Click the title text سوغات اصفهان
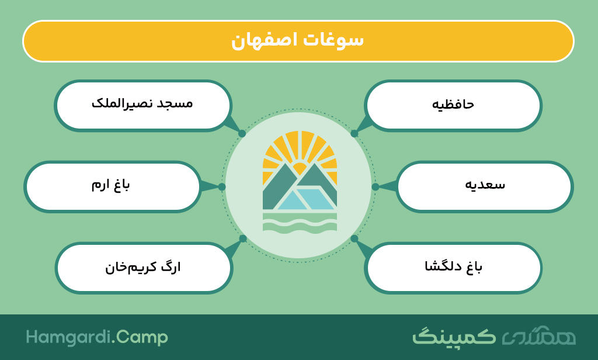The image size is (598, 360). tap(297, 40)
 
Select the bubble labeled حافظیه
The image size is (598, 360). tap(453, 106)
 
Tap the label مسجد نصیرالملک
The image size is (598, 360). tap(142, 103)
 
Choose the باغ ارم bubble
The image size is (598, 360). tap(113, 186)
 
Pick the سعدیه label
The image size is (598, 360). tap(485, 185)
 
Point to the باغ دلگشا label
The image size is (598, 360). tap(453, 266)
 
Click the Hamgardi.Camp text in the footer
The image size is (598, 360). tap(97, 337)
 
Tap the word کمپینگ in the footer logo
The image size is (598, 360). tap(454, 336)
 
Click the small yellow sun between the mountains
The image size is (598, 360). tap(300, 168)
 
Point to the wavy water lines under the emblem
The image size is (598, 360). tap(300, 223)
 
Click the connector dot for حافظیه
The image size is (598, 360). tap(354, 133)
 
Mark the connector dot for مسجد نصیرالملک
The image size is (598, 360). tap(242, 133)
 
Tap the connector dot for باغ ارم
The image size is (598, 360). tap(222, 186)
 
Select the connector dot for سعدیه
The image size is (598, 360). tap(376, 186)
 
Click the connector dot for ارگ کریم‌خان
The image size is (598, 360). tap(243, 238)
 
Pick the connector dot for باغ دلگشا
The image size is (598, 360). tap(354, 238)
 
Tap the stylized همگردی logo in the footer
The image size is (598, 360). tap(538, 336)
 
